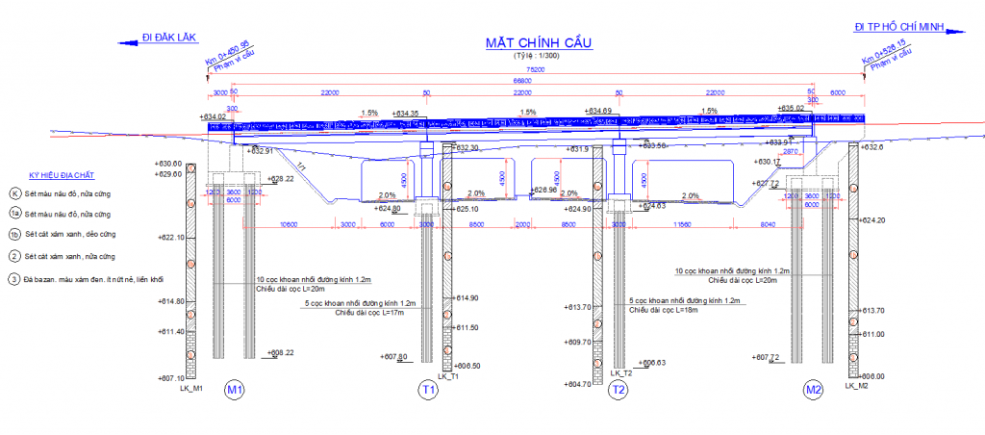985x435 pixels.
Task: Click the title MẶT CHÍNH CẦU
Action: coord(539,42)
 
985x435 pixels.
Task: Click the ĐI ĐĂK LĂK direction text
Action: coord(168,38)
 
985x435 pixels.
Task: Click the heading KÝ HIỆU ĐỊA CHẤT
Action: coord(62,176)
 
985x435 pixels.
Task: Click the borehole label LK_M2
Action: coord(857,385)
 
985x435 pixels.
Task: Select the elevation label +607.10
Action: coord(168,378)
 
